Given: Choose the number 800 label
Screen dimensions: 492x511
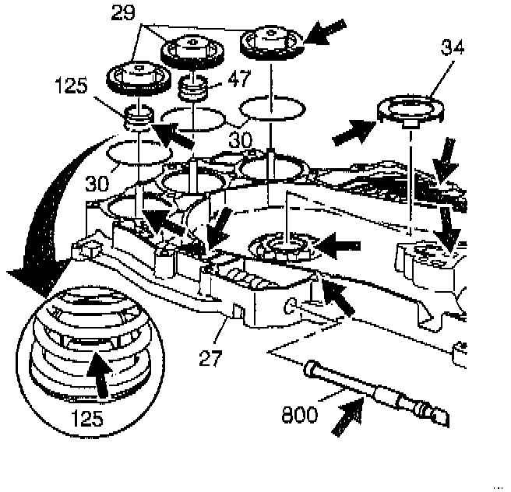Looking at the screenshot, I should coord(299,413).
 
